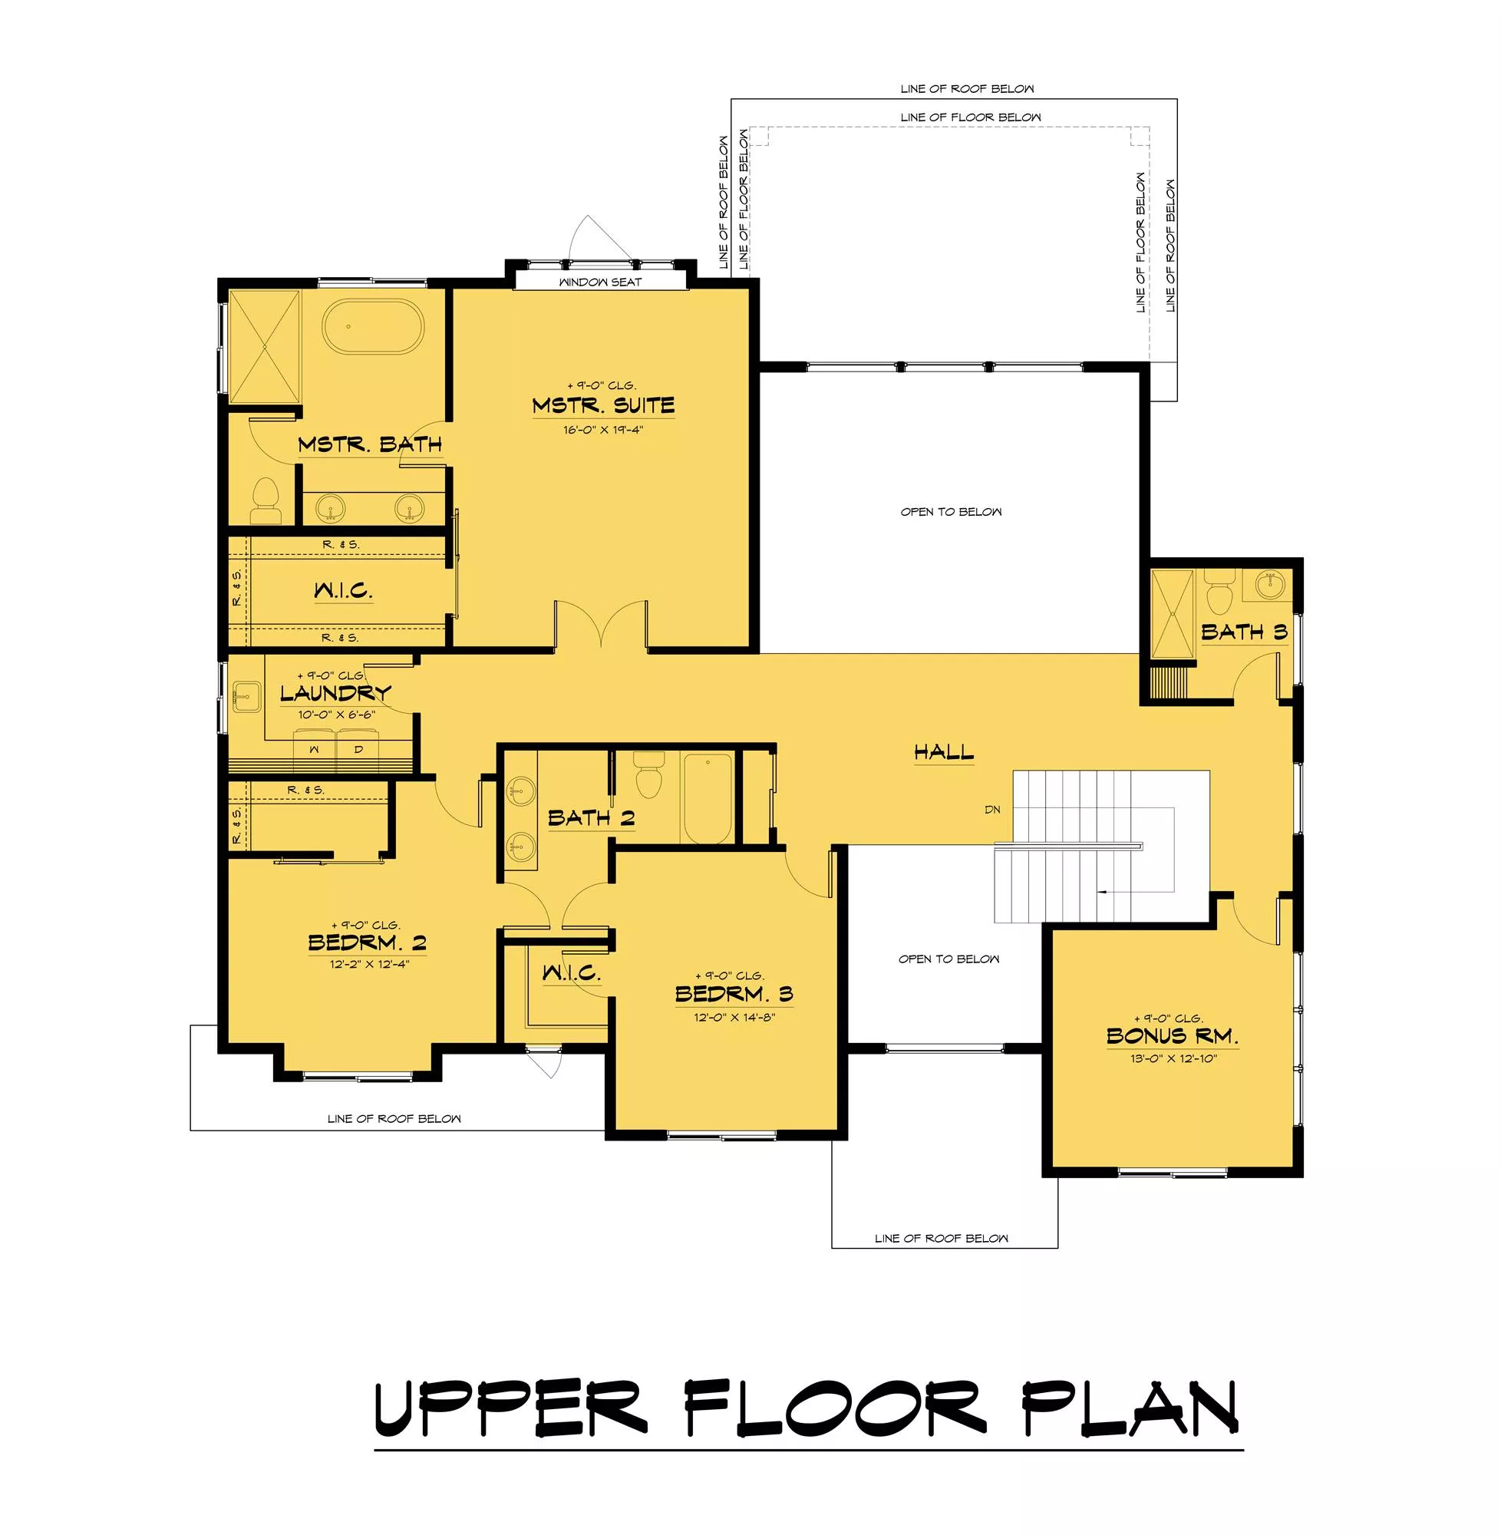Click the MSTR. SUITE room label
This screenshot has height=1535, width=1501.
603,405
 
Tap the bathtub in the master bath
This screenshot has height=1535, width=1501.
373,326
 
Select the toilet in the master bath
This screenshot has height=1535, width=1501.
266,500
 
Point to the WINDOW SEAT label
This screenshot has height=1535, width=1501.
600,282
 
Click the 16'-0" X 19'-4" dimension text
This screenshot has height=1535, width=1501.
603,430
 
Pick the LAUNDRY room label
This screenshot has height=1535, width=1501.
336,693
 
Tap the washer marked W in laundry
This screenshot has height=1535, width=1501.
315,749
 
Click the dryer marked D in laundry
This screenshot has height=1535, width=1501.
358,749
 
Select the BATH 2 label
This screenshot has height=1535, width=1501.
591,817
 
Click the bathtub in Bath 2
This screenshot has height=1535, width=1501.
708,798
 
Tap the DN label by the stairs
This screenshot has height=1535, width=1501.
992,809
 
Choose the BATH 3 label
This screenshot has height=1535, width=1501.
1244,632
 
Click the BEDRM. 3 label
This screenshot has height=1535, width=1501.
734,993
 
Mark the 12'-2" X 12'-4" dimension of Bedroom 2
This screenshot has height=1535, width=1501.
370,963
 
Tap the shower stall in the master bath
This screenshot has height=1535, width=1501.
265,347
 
